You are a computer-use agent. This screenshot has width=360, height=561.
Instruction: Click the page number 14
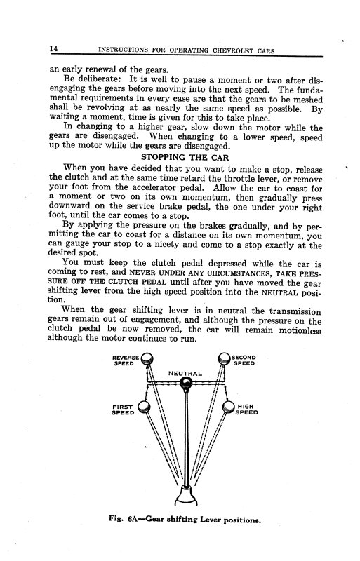point(53,48)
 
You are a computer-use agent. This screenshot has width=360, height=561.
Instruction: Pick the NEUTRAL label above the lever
point(185,374)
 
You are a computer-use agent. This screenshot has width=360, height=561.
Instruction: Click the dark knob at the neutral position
point(186,384)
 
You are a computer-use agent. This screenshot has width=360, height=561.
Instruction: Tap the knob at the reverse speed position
point(147,361)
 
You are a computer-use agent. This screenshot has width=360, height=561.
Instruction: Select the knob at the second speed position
point(225,360)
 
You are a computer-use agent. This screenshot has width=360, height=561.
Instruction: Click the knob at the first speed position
point(144,407)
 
